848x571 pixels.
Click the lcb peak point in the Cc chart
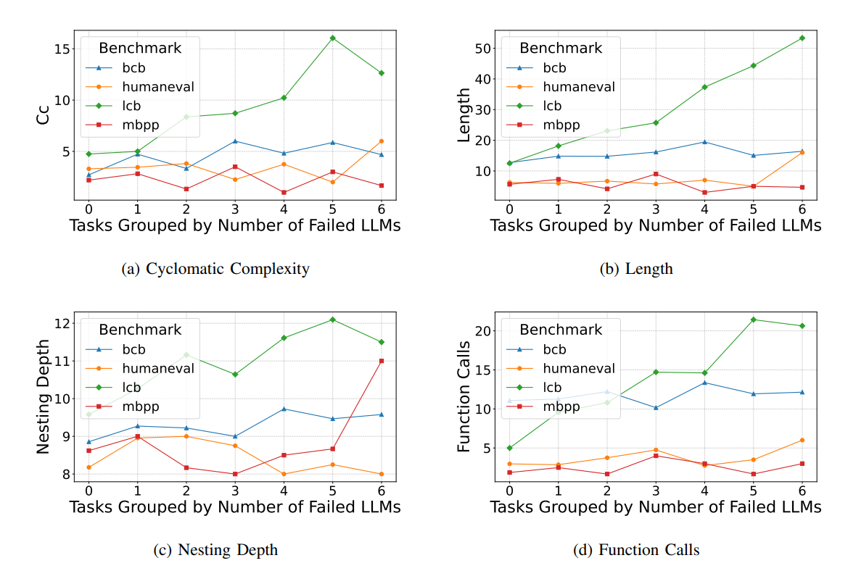[x=332, y=38]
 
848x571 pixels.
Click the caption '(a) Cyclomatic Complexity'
[x=216, y=270]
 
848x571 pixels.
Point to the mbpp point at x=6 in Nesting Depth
[x=382, y=361]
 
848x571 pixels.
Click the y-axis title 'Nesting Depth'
[x=44, y=397]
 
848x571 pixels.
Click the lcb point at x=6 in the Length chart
[x=802, y=38]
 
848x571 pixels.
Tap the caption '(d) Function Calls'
[x=636, y=551]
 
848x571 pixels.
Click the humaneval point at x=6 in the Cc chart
[x=382, y=141]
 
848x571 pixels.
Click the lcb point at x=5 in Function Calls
[x=753, y=320]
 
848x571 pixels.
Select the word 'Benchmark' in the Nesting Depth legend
[x=139, y=330]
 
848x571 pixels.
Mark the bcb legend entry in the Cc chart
[x=134, y=68]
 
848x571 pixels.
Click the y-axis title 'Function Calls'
[x=464, y=397]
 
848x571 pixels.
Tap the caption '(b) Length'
[x=636, y=270]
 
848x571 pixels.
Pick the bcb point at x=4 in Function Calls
[x=704, y=383]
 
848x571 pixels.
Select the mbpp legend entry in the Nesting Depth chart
[x=139, y=407]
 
